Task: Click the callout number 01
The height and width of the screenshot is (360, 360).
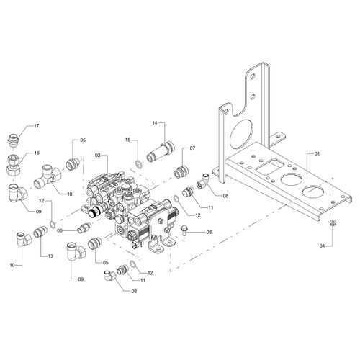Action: [317, 153]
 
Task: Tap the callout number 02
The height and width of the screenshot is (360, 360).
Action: [97, 156]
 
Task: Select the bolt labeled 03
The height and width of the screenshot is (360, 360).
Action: [185, 230]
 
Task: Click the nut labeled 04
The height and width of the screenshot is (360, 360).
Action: [333, 222]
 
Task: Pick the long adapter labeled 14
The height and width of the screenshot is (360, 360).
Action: [161, 153]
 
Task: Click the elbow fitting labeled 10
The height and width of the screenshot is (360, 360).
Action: [24, 239]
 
